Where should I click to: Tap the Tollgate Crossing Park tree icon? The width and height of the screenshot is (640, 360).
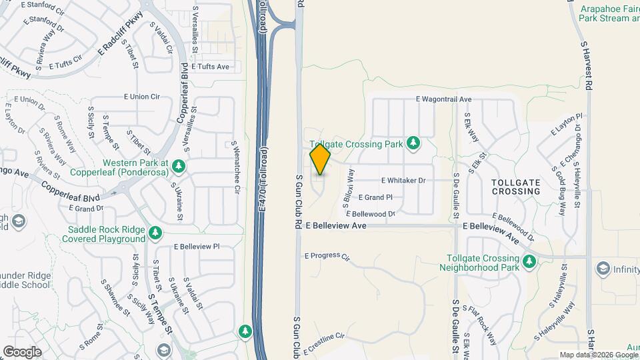click(x=413, y=143)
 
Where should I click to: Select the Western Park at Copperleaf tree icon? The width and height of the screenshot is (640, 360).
click(x=178, y=165)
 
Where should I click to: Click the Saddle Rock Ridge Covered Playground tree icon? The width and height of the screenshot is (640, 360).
click(x=155, y=233)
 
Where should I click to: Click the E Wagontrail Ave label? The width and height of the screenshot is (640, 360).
click(x=443, y=99)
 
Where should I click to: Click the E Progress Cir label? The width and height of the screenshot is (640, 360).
click(x=327, y=255)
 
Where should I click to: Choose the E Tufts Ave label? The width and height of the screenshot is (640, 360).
click(x=210, y=67)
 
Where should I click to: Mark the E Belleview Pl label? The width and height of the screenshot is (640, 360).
click(x=197, y=246)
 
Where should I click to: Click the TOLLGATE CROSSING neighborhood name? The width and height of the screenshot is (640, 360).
click(x=515, y=187)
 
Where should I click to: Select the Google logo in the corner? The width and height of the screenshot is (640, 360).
click(x=22, y=351)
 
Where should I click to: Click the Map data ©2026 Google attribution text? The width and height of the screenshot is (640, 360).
click(x=598, y=355)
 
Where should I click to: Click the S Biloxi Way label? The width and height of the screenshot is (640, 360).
click(x=348, y=190)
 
